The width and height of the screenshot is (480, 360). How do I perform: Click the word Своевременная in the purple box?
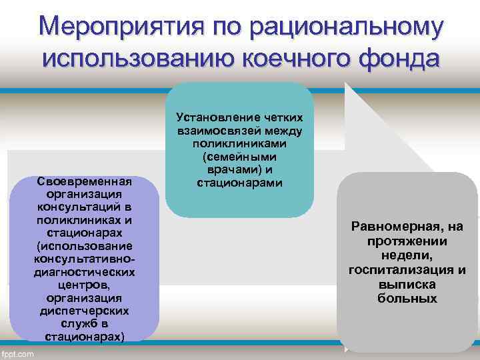click(85, 182)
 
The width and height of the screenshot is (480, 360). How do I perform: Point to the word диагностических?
click(84, 272)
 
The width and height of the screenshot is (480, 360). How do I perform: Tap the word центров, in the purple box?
click(85, 285)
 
